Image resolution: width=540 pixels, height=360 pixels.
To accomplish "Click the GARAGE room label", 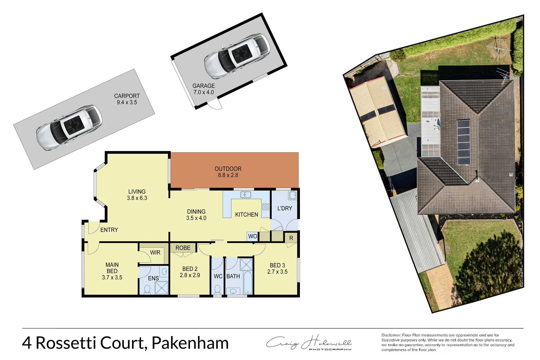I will click(x=203, y=86).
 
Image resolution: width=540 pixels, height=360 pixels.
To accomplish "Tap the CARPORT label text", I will click(x=127, y=96).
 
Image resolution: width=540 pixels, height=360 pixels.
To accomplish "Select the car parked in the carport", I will click(x=69, y=127).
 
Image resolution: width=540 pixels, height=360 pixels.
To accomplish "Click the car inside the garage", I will click(x=237, y=56).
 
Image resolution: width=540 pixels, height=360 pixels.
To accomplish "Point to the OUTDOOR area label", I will click(x=228, y=169).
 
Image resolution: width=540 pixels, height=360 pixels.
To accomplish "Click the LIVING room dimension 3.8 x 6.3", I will click(x=137, y=198).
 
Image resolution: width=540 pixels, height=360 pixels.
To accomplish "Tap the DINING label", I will click(x=196, y=212).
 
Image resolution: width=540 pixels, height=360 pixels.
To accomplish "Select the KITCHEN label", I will click(x=246, y=215).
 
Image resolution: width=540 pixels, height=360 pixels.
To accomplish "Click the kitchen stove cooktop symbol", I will click(x=265, y=207).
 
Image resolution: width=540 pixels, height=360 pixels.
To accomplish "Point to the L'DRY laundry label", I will click(x=284, y=208).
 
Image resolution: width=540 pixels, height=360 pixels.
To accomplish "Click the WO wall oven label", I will click(x=252, y=236).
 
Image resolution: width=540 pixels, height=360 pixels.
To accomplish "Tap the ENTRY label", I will click(x=109, y=230).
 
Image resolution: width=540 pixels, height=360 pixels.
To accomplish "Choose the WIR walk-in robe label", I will click(x=155, y=253).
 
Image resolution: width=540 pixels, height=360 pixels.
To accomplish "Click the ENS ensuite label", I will click(x=153, y=278).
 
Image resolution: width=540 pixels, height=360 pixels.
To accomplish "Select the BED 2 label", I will click(x=190, y=269).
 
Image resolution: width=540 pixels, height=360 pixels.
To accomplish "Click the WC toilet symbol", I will click(x=217, y=289).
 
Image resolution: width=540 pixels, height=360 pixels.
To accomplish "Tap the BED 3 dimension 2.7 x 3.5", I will click(x=277, y=272).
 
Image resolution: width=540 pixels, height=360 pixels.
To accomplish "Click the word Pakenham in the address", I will click(x=190, y=343).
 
